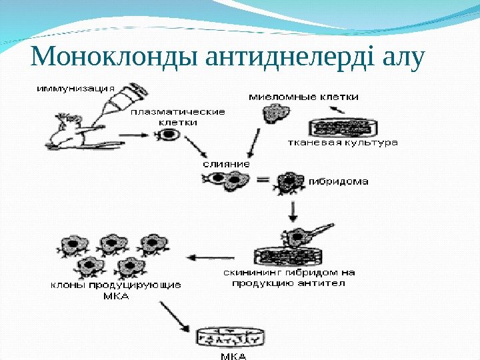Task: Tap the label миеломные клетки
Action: [303, 97]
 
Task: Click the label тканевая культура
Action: [343, 142]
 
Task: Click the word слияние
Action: [227, 163]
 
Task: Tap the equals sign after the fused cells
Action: [261, 180]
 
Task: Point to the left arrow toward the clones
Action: [210, 257]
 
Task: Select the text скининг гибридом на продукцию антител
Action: [289, 277]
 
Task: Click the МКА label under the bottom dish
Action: [233, 355]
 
